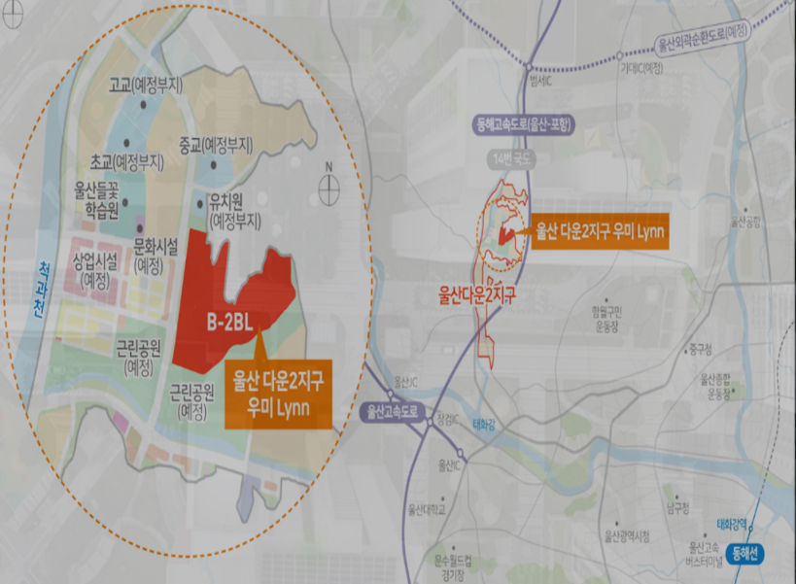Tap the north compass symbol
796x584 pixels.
point(329,182)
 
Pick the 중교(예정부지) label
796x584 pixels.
point(216,144)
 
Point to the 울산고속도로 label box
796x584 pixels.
point(393,412)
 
